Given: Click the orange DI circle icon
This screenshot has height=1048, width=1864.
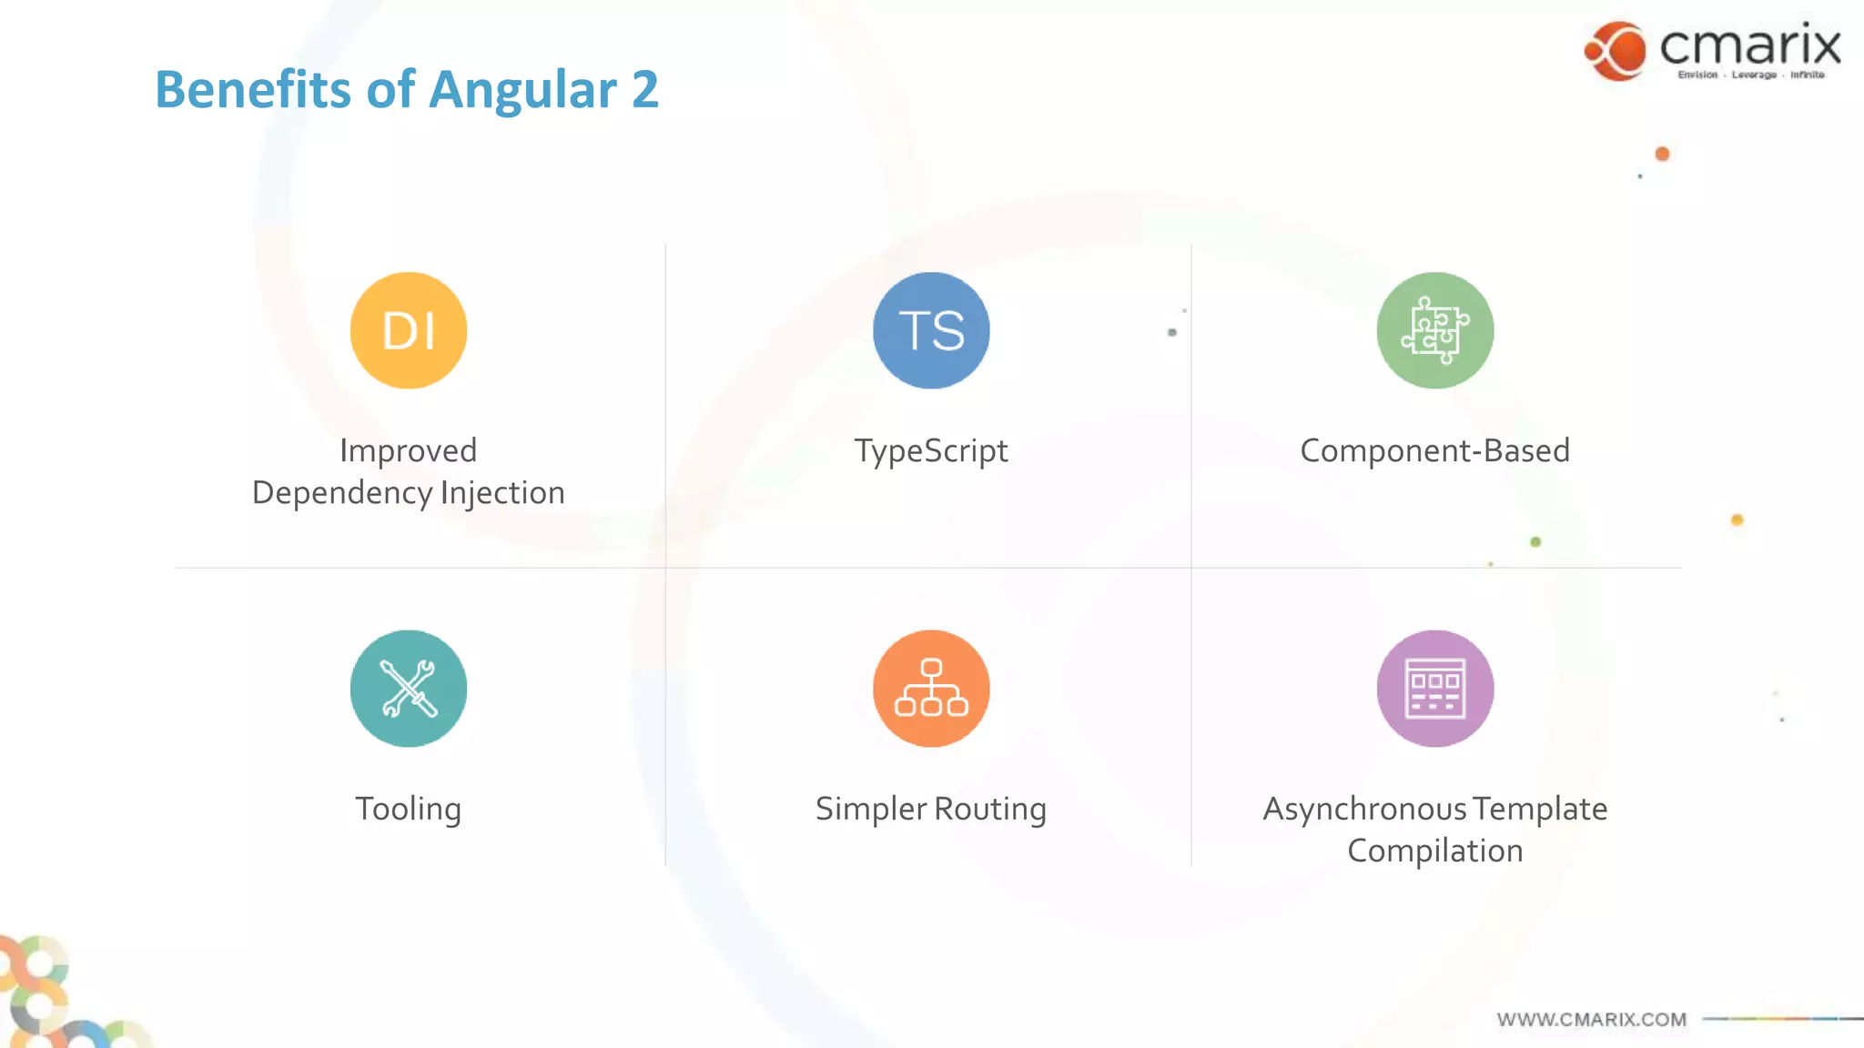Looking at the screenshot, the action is pyautogui.click(x=409, y=330).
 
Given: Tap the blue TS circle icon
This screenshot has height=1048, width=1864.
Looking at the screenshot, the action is pyautogui.click(x=931, y=330).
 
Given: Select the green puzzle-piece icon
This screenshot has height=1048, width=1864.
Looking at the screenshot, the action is pyautogui.click(x=1435, y=330).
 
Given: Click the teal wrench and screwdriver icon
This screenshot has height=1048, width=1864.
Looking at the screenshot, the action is pyautogui.click(x=409, y=689).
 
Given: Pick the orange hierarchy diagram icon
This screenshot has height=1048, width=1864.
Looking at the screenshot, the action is pyautogui.click(x=931, y=689).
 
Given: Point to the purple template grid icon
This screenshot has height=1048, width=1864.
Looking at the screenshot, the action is pyautogui.click(x=1435, y=689).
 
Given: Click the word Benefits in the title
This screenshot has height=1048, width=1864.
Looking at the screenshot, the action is pyautogui.click(x=253, y=90).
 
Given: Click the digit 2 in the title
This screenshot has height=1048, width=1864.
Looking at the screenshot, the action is pyautogui.click(x=644, y=90).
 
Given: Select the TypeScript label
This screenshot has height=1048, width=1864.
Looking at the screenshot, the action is pyautogui.click(x=931, y=450).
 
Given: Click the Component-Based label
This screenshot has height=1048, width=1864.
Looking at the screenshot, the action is pyautogui.click(x=1435, y=450).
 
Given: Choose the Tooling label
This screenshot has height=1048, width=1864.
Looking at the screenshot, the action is pyautogui.click(x=409, y=809).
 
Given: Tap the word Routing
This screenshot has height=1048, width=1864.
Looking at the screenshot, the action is pyautogui.click(x=990, y=809).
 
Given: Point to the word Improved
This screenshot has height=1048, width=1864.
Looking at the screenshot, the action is pyautogui.click(x=409, y=450).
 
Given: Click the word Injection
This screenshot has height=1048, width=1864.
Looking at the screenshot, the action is pyautogui.click(x=502, y=492).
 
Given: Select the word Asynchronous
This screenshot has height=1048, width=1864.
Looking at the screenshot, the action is pyautogui.click(x=1364, y=809).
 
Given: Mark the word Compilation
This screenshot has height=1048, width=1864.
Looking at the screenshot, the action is pyautogui.click(x=1435, y=851).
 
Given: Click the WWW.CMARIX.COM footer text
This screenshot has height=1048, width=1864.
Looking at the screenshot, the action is pyautogui.click(x=1592, y=1020).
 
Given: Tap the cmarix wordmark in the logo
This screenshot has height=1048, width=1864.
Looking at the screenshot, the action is pyautogui.click(x=1750, y=45).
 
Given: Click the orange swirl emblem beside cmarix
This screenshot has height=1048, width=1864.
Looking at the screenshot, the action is pyautogui.click(x=1616, y=51).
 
